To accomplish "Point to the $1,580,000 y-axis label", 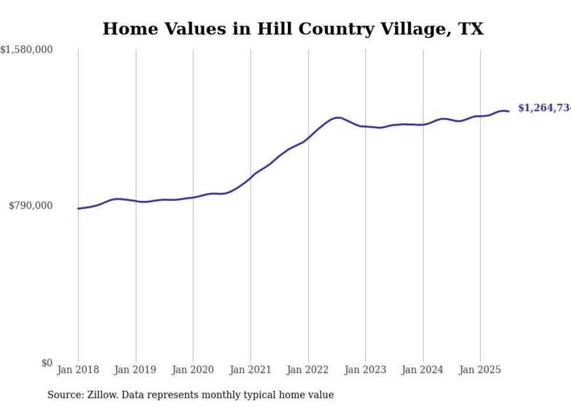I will pos(27,50).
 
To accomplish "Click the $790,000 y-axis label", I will pos(30,206).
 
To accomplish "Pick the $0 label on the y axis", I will pos(47,363).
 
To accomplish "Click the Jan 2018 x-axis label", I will pos(78,370).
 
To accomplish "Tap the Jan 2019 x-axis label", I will pos(136,370).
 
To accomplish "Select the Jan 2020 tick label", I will pos(193,370).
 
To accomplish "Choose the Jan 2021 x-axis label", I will pos(251,370).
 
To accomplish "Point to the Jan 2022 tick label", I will pos(308,370).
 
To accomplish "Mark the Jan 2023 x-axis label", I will pos(365,370).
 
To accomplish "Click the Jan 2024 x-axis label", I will pos(423,370).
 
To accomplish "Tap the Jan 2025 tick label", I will pos(480,370).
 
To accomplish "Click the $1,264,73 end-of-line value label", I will pos(544,108).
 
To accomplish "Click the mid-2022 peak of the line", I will pos(337,118).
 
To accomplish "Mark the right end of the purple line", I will pos(509,111).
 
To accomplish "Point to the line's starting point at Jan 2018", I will pos(78,208).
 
